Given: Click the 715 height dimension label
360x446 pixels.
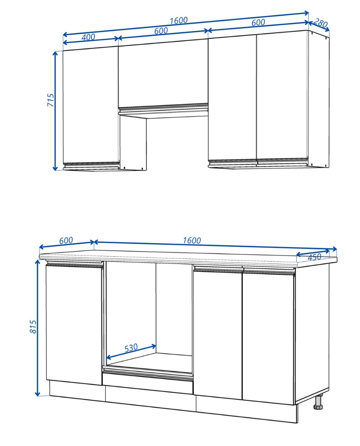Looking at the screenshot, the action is (50, 100).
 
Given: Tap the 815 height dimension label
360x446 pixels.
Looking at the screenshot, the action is (33, 326).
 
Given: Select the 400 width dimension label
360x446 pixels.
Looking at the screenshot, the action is (88, 37).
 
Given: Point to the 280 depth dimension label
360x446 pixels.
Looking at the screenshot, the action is (320, 23).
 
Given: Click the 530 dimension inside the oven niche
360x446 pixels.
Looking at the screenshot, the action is (131, 348).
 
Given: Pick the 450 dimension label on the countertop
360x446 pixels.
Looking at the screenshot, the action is (314, 257).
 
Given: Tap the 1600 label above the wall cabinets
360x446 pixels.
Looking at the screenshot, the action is (178, 20).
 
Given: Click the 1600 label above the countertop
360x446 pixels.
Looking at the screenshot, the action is (192, 241).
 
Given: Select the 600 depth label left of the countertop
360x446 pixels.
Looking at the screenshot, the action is (66, 241).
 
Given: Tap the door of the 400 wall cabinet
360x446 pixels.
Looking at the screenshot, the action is (91, 105).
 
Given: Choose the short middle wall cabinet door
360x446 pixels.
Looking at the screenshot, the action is (163, 73).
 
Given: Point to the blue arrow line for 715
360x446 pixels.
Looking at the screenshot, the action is (55, 111).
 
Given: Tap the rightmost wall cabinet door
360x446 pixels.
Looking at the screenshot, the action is (282, 97).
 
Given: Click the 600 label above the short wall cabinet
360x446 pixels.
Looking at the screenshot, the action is (161, 31).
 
